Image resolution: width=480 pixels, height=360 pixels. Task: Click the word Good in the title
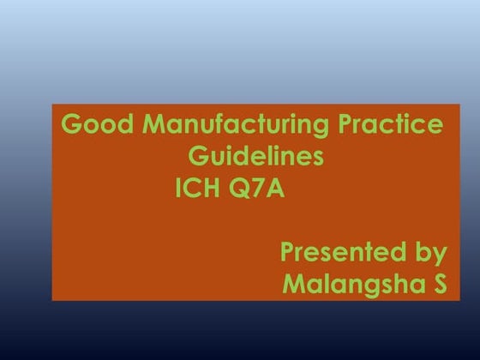(x=89, y=126)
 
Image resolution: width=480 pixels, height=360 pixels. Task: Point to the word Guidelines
(x=255, y=157)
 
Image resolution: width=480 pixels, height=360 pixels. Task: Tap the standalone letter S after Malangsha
(x=439, y=284)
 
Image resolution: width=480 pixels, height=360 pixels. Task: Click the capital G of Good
(x=70, y=126)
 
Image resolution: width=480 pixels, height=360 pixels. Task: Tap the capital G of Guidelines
(x=197, y=157)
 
